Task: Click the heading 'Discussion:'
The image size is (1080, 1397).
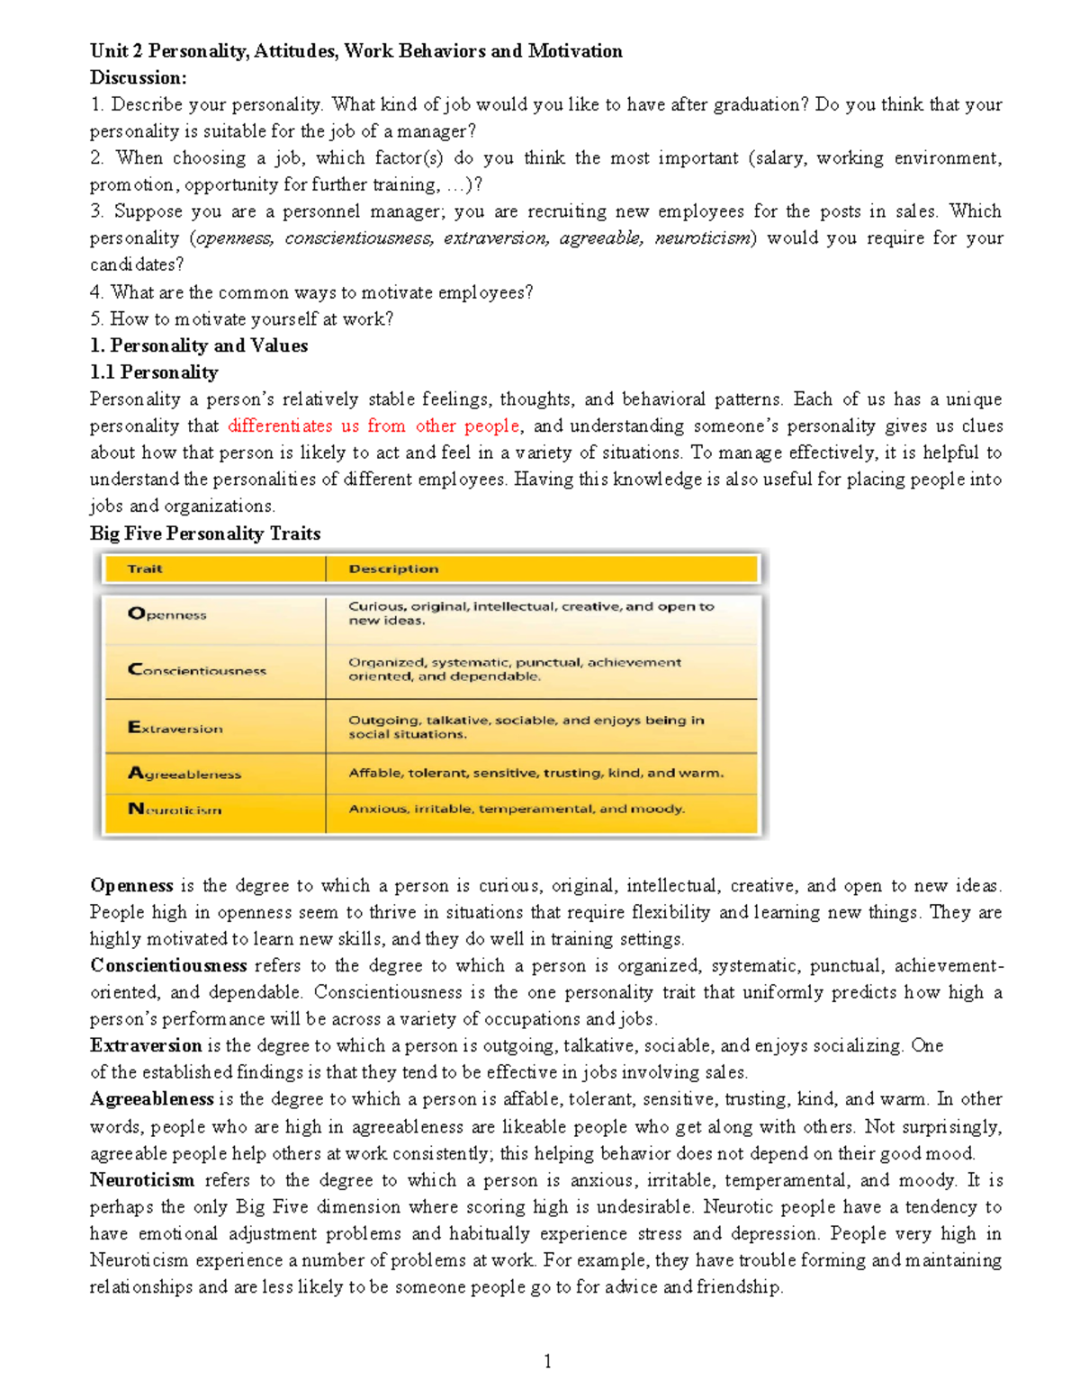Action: point(138,77)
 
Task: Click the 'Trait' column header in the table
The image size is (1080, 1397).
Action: point(145,569)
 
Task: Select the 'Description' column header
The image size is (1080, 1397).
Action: point(393,569)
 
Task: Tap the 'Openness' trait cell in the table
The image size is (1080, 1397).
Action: point(167,614)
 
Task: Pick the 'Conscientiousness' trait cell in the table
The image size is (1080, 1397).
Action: point(197,669)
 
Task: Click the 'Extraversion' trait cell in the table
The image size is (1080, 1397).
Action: point(175,728)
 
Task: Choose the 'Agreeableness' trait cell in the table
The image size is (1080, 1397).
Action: point(184,774)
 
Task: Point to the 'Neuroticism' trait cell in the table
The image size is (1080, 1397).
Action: point(175,810)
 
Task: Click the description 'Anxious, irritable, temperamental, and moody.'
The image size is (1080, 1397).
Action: point(517,809)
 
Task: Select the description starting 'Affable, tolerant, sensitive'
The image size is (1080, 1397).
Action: point(535,773)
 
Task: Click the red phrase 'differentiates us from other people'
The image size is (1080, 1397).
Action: point(373,425)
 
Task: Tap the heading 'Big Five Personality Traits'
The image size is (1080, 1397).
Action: point(205,533)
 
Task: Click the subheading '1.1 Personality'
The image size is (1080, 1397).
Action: point(154,372)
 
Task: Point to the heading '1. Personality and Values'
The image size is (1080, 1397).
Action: point(199,345)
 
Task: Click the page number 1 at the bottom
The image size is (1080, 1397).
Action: point(547,1361)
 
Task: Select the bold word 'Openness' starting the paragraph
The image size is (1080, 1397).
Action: point(131,885)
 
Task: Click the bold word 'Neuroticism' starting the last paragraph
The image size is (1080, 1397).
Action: point(142,1180)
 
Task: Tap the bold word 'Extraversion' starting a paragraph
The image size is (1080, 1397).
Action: point(146,1045)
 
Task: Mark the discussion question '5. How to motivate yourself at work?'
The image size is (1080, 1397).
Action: point(241,318)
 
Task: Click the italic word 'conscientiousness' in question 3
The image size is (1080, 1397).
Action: point(359,238)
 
